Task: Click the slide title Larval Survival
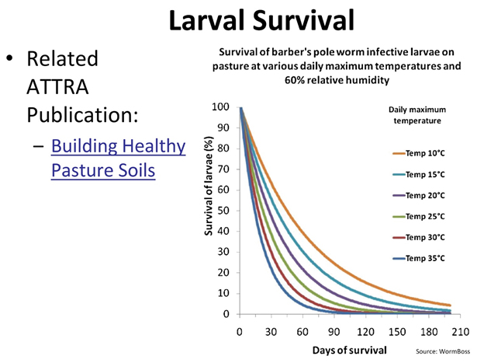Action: click(242, 21)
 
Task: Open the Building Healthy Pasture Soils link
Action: click(118, 158)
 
